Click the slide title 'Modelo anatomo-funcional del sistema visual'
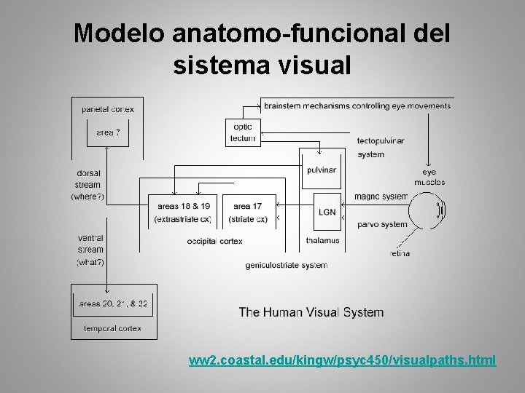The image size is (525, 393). coord(262,49)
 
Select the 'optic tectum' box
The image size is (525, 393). coord(242,132)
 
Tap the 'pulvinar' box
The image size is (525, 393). coord(321,170)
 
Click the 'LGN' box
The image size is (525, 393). coord(327,212)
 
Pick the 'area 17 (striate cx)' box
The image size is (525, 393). coord(247,212)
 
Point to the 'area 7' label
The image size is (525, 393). coord(108,132)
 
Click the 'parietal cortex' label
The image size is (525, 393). coord(108,109)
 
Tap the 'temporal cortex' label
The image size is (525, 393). coord(112,328)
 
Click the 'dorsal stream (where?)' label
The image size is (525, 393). coord(88,185)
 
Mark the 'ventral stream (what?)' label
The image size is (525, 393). coord(90,250)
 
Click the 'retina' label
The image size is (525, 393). coord(399,254)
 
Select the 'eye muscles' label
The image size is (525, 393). coord(429,177)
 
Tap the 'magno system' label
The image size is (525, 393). coord(381,196)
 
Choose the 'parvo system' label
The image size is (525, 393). coord(382,224)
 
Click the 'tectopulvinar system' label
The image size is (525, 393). coord(380,147)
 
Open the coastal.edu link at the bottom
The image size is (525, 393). coord(342,360)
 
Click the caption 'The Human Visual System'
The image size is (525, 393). coord(311,312)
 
